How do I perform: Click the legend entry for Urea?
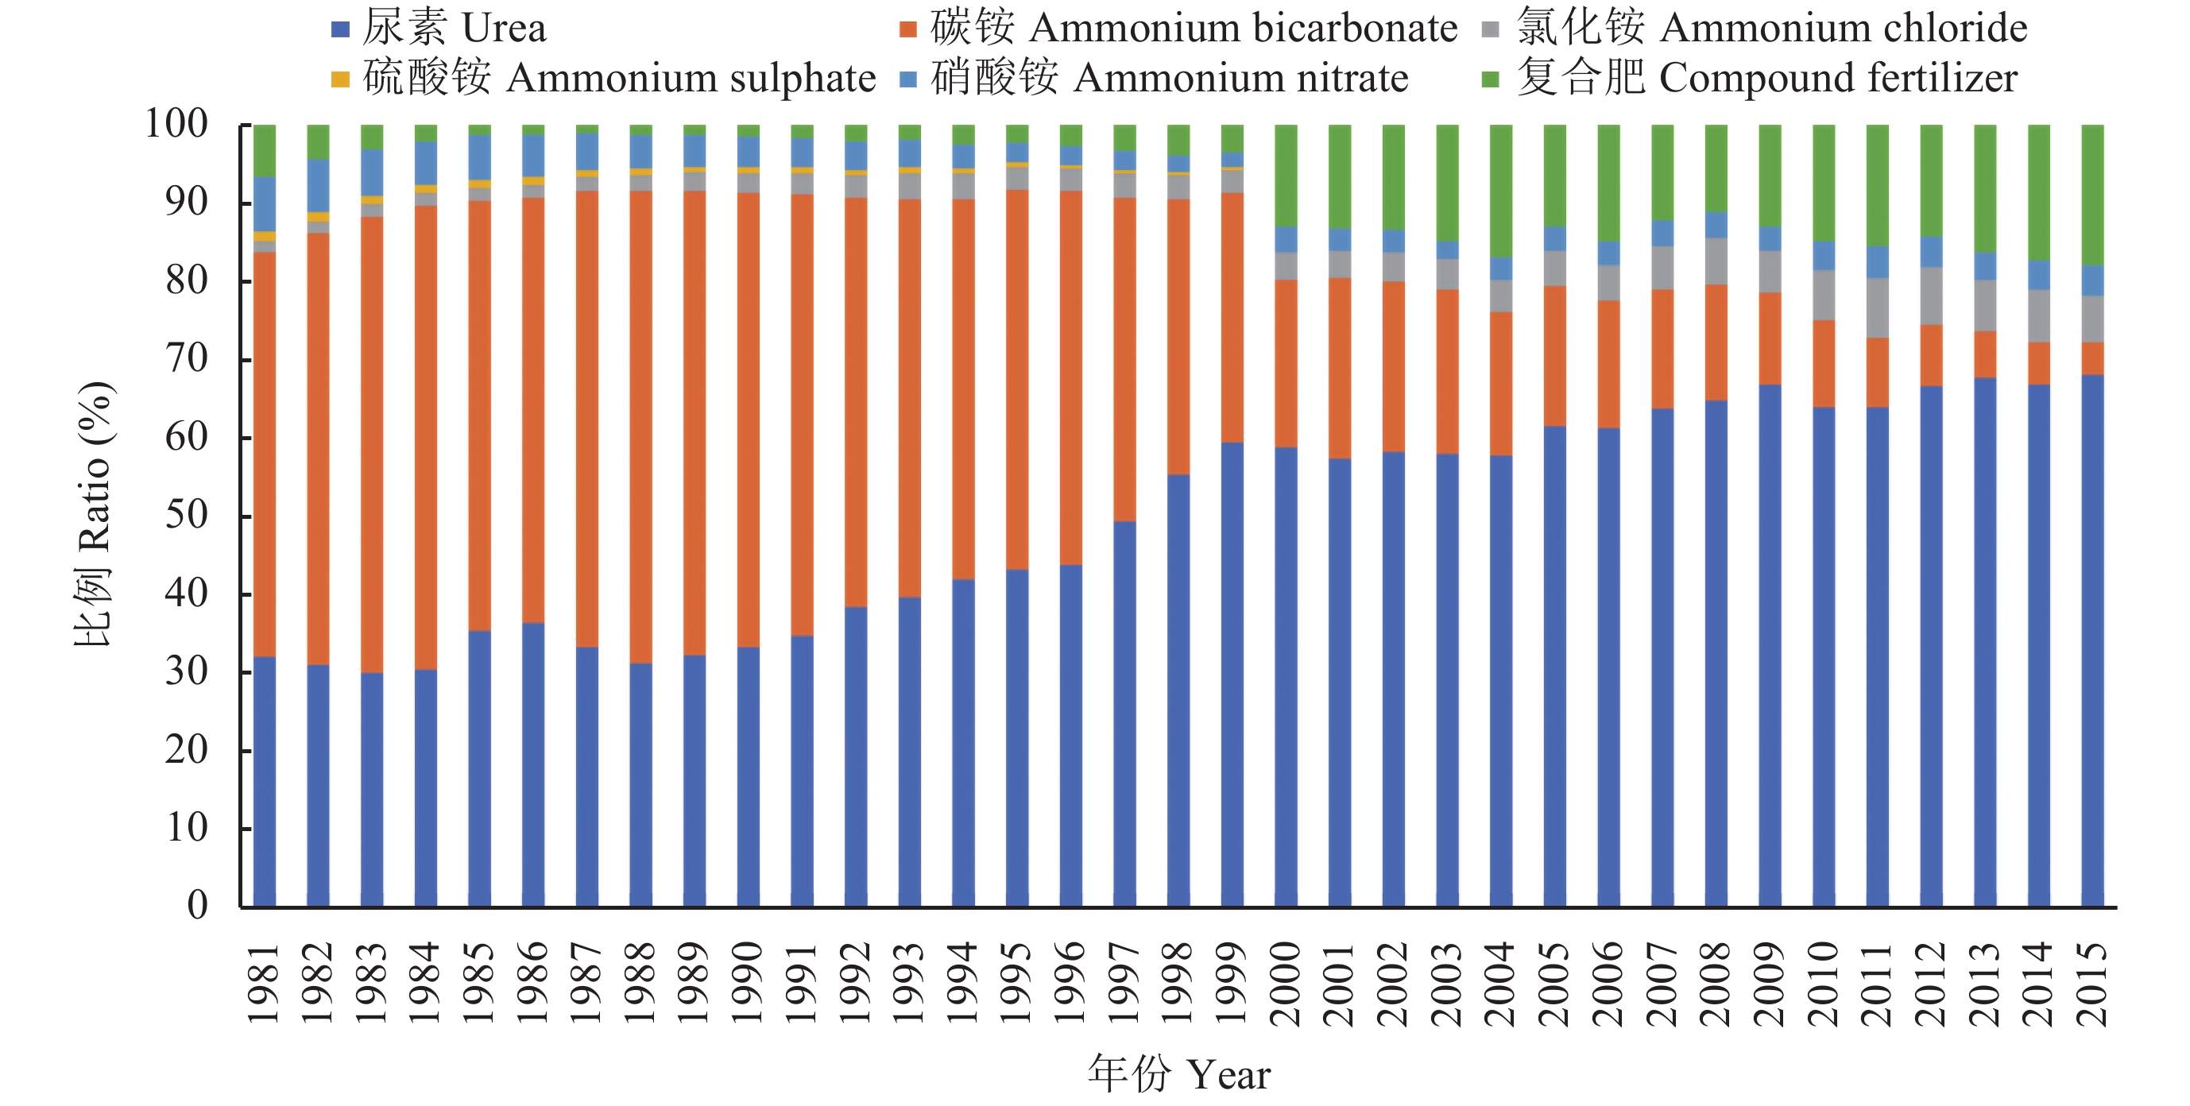[439, 28]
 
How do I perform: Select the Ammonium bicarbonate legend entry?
[1178, 28]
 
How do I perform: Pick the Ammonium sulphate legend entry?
[604, 78]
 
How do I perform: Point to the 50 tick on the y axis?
[186, 515]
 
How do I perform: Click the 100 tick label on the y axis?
[176, 124]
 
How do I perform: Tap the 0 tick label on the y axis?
[197, 905]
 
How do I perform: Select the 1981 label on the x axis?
[263, 984]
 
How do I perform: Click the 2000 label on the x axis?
[1286, 984]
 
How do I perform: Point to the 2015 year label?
[2092, 984]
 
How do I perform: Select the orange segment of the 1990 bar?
[748, 420]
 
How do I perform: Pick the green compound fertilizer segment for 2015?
[2092, 195]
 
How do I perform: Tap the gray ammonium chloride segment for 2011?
[1877, 307]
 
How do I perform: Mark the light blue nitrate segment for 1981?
[265, 204]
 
